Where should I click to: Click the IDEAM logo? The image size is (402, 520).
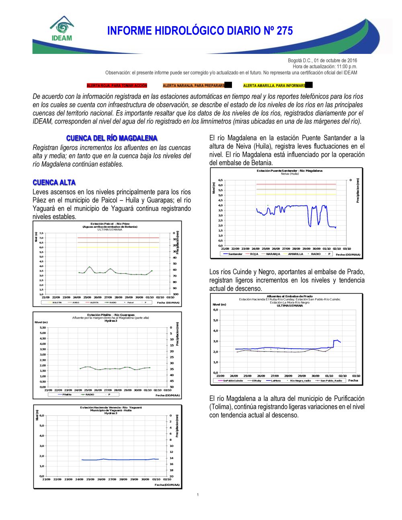tap(62, 29)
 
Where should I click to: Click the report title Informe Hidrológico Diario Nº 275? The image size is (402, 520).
tap(200, 31)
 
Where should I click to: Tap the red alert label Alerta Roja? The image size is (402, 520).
tap(117, 86)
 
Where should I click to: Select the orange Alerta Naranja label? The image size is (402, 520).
tap(194, 86)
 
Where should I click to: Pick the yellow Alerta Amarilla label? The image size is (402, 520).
tap(274, 86)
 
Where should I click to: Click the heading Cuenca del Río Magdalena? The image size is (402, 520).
tap(112, 138)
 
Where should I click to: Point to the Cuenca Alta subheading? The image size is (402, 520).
tap(54, 183)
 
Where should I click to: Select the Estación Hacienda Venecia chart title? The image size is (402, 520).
tap(111, 407)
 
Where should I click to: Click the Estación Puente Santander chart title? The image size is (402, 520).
tap(289, 171)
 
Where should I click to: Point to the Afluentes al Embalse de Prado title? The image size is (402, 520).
tap(289, 296)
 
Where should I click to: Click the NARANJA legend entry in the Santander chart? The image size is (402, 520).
tap(273, 254)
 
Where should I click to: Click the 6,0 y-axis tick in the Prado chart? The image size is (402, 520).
tap(215, 310)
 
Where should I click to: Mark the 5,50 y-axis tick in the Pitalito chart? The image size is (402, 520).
tap(43, 328)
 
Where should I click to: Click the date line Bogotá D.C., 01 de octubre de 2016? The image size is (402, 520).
tap(322, 61)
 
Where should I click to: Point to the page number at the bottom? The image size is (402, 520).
tap(198, 495)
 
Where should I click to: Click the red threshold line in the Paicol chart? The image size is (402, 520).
tap(118, 238)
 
